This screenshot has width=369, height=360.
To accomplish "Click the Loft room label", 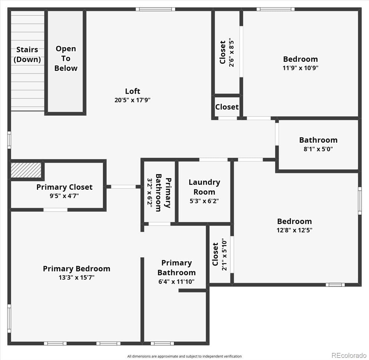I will tap(133, 91).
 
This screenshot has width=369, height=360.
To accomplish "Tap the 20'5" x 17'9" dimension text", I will tap(133, 100).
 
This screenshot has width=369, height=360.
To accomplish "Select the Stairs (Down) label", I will tap(27, 54).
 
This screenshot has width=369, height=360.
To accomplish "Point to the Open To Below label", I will tap(66, 58).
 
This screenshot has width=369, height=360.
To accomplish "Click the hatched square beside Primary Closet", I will tap(26, 170).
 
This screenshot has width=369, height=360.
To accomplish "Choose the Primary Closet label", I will tap(64, 187).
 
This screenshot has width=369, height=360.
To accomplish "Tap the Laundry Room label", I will tap(204, 187).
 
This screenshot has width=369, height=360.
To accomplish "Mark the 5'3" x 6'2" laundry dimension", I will tap(204, 201).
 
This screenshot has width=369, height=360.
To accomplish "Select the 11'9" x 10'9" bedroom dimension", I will tap(300, 68).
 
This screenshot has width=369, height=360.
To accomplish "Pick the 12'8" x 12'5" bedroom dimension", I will tap(294, 230).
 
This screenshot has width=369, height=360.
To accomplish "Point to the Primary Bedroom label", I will tap(77, 269).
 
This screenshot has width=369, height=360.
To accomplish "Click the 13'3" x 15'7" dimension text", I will tap(77, 278).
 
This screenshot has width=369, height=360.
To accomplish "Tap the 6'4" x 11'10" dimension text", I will tap(176, 282).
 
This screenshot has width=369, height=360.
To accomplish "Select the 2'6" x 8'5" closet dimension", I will tap(232, 52).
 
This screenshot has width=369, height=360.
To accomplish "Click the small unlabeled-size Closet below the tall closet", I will tap(227, 107).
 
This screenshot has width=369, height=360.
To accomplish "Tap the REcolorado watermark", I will tap(349, 355).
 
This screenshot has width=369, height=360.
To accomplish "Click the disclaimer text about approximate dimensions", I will tap(184, 356).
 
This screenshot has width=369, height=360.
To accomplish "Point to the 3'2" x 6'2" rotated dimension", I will tap(150, 193).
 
